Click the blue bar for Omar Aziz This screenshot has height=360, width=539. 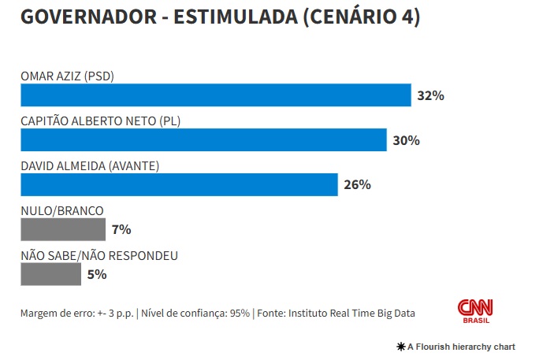tap(215, 95)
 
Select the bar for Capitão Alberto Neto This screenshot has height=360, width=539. tap(203, 140)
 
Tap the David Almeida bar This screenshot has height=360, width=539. tap(179, 185)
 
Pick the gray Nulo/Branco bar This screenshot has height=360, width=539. tap(63, 229)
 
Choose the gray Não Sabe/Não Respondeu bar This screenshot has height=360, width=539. tap(50, 274)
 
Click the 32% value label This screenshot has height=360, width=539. tap(431, 96)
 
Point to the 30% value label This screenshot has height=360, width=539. tap(407, 141)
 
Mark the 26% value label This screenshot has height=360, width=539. tap(357, 186)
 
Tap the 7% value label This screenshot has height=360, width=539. tap(121, 230)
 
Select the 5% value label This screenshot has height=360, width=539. tap(97, 275)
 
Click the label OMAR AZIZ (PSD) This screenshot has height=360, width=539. tap(73, 76)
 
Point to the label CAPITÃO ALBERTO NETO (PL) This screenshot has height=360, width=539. tap(106, 121)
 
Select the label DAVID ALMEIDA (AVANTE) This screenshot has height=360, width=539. tap(91, 166)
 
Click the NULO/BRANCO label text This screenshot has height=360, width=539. tap(62, 211)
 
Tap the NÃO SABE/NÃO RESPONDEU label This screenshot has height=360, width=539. tap(99, 256)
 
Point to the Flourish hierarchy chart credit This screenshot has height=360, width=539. tap(457, 347)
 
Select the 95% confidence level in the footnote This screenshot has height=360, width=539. tap(240, 313)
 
